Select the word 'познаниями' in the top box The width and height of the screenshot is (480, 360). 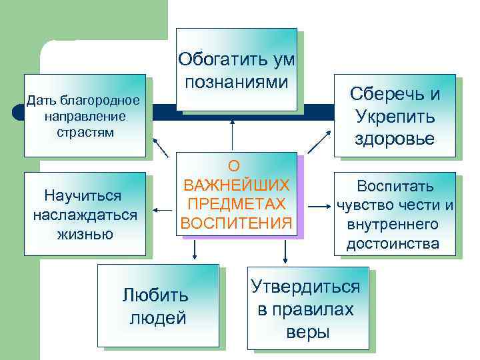(x=237, y=83)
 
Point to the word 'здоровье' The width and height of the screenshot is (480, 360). (x=395, y=139)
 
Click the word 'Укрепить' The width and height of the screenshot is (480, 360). (x=395, y=116)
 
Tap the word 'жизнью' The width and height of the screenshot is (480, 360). (x=84, y=234)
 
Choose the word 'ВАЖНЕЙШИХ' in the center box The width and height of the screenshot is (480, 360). (x=237, y=184)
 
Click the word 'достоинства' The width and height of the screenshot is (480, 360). (x=393, y=244)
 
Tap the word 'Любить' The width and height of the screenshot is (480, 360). (x=157, y=295)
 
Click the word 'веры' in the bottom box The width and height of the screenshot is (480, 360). (x=307, y=332)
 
